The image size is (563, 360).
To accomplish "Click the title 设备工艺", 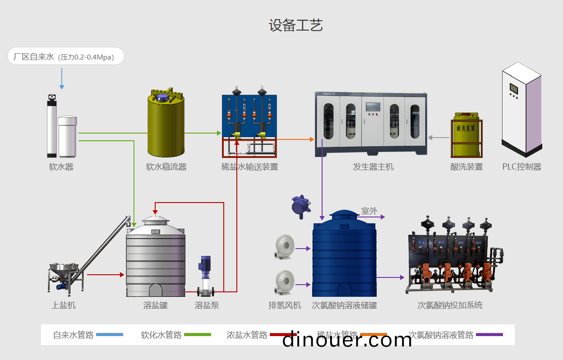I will click(x=296, y=25).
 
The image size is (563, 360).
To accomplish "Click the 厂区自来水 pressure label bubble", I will click(x=66, y=56).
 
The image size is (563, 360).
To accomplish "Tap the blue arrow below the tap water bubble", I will click(x=62, y=79).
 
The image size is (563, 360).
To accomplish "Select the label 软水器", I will click(x=61, y=167).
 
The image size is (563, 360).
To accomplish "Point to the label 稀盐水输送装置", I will click(x=249, y=167).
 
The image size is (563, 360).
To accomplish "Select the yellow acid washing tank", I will click(x=466, y=138).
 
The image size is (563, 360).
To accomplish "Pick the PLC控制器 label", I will click(x=521, y=167).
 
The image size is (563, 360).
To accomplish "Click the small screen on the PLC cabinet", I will click(x=514, y=88).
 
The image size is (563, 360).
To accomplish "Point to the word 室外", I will click(x=369, y=211).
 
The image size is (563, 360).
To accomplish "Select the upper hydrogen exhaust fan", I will click(x=285, y=246).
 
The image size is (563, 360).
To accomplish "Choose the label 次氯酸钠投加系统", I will click(x=450, y=305).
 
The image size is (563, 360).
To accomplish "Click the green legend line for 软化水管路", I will click(x=198, y=335).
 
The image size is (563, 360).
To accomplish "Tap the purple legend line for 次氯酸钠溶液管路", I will click(x=489, y=335).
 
